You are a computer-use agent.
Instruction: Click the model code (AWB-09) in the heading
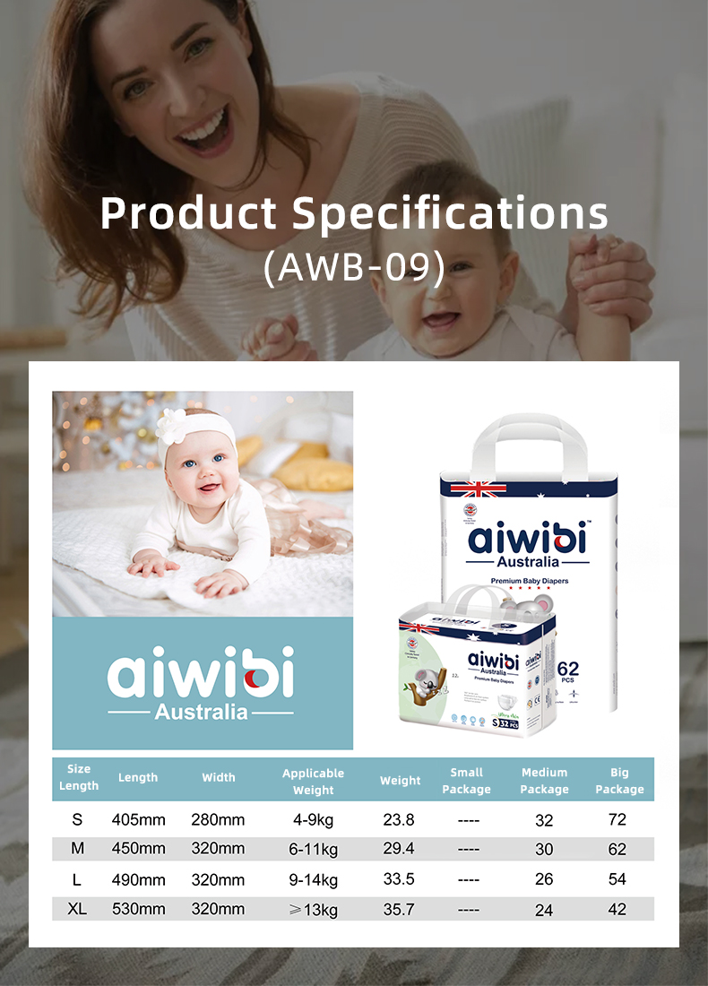(x=354, y=268)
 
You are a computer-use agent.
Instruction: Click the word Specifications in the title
(x=451, y=213)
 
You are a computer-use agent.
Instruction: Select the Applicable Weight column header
(x=313, y=781)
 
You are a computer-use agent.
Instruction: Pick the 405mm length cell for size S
(x=138, y=819)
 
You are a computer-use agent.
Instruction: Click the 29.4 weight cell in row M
(x=399, y=849)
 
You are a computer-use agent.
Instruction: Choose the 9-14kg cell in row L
(x=313, y=879)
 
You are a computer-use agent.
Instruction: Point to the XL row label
(x=77, y=909)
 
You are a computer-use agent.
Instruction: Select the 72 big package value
(x=617, y=819)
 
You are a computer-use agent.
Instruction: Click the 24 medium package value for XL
(x=544, y=910)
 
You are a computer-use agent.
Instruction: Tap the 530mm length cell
(x=138, y=909)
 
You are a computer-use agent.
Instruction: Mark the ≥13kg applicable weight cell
(x=313, y=910)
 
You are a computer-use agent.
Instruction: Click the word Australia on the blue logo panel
(x=201, y=713)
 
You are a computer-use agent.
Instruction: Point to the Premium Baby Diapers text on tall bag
(x=529, y=581)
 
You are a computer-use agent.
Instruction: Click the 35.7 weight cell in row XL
(x=399, y=909)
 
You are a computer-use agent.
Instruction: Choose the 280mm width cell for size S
(x=218, y=819)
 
